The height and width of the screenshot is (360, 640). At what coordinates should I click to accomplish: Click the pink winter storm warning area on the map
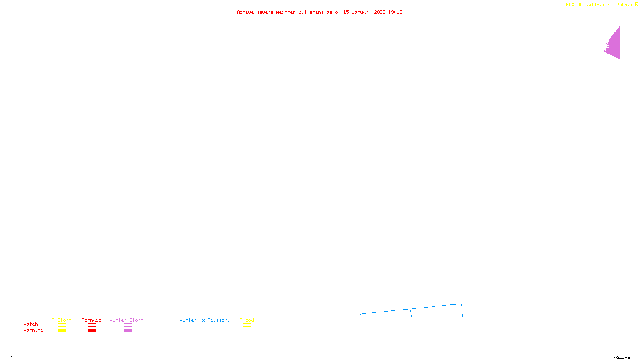[614, 44]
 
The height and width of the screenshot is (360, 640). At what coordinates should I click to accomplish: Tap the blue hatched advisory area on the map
[436, 312]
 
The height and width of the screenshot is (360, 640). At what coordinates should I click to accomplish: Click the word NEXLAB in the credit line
[574, 5]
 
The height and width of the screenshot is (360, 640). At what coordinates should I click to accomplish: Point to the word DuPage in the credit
[624, 5]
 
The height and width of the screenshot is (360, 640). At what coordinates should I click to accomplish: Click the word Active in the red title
[245, 12]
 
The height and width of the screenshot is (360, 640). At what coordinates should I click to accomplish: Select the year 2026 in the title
[380, 12]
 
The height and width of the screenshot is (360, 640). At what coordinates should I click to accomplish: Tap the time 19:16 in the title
[395, 12]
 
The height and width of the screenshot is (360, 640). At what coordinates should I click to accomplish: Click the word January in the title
[362, 12]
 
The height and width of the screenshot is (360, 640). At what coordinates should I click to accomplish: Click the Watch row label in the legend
[31, 324]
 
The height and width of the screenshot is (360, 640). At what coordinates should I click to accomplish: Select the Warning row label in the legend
[34, 330]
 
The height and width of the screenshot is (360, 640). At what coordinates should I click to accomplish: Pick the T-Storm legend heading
[62, 320]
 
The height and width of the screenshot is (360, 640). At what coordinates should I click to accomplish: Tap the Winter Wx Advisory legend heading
[205, 320]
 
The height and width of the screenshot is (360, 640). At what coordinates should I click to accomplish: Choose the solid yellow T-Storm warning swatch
[62, 331]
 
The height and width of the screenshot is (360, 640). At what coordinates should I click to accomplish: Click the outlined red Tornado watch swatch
[92, 325]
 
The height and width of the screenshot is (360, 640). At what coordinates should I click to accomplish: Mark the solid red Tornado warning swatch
[92, 331]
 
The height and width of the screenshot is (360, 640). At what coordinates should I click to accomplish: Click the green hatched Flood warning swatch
[247, 331]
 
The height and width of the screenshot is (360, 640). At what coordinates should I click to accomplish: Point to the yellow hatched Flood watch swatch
[247, 325]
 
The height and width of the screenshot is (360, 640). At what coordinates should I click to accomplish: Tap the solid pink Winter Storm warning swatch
[128, 331]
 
